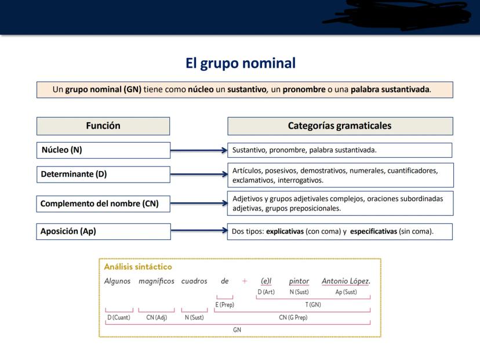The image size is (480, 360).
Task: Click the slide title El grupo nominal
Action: [241, 64]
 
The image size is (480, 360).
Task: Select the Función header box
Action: [103, 126]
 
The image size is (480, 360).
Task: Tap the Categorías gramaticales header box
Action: [340, 126]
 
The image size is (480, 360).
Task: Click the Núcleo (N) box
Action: [103, 150]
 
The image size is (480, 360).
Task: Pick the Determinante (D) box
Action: [103, 174]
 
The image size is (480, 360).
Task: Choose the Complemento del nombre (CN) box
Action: [103, 203]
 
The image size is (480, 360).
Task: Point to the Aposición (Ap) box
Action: [103, 231]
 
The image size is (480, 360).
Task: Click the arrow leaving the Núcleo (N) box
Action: [199, 150]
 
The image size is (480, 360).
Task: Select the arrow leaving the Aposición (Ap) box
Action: [199, 230]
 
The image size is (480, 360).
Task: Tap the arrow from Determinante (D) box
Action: [199, 174]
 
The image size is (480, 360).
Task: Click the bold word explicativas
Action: [285, 231]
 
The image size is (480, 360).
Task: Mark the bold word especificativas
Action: [373, 231]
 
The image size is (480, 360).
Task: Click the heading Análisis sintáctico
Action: [138, 267]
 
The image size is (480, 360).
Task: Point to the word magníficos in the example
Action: [157, 281]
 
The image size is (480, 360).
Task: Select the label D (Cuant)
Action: [119, 318]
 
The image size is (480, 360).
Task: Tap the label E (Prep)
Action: [225, 304]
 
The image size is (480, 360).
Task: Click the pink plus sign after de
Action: [245, 281]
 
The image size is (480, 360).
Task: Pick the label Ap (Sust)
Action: [346, 292]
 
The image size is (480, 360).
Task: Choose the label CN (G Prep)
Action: [293, 318]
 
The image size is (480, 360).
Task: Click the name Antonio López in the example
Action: [346, 281]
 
